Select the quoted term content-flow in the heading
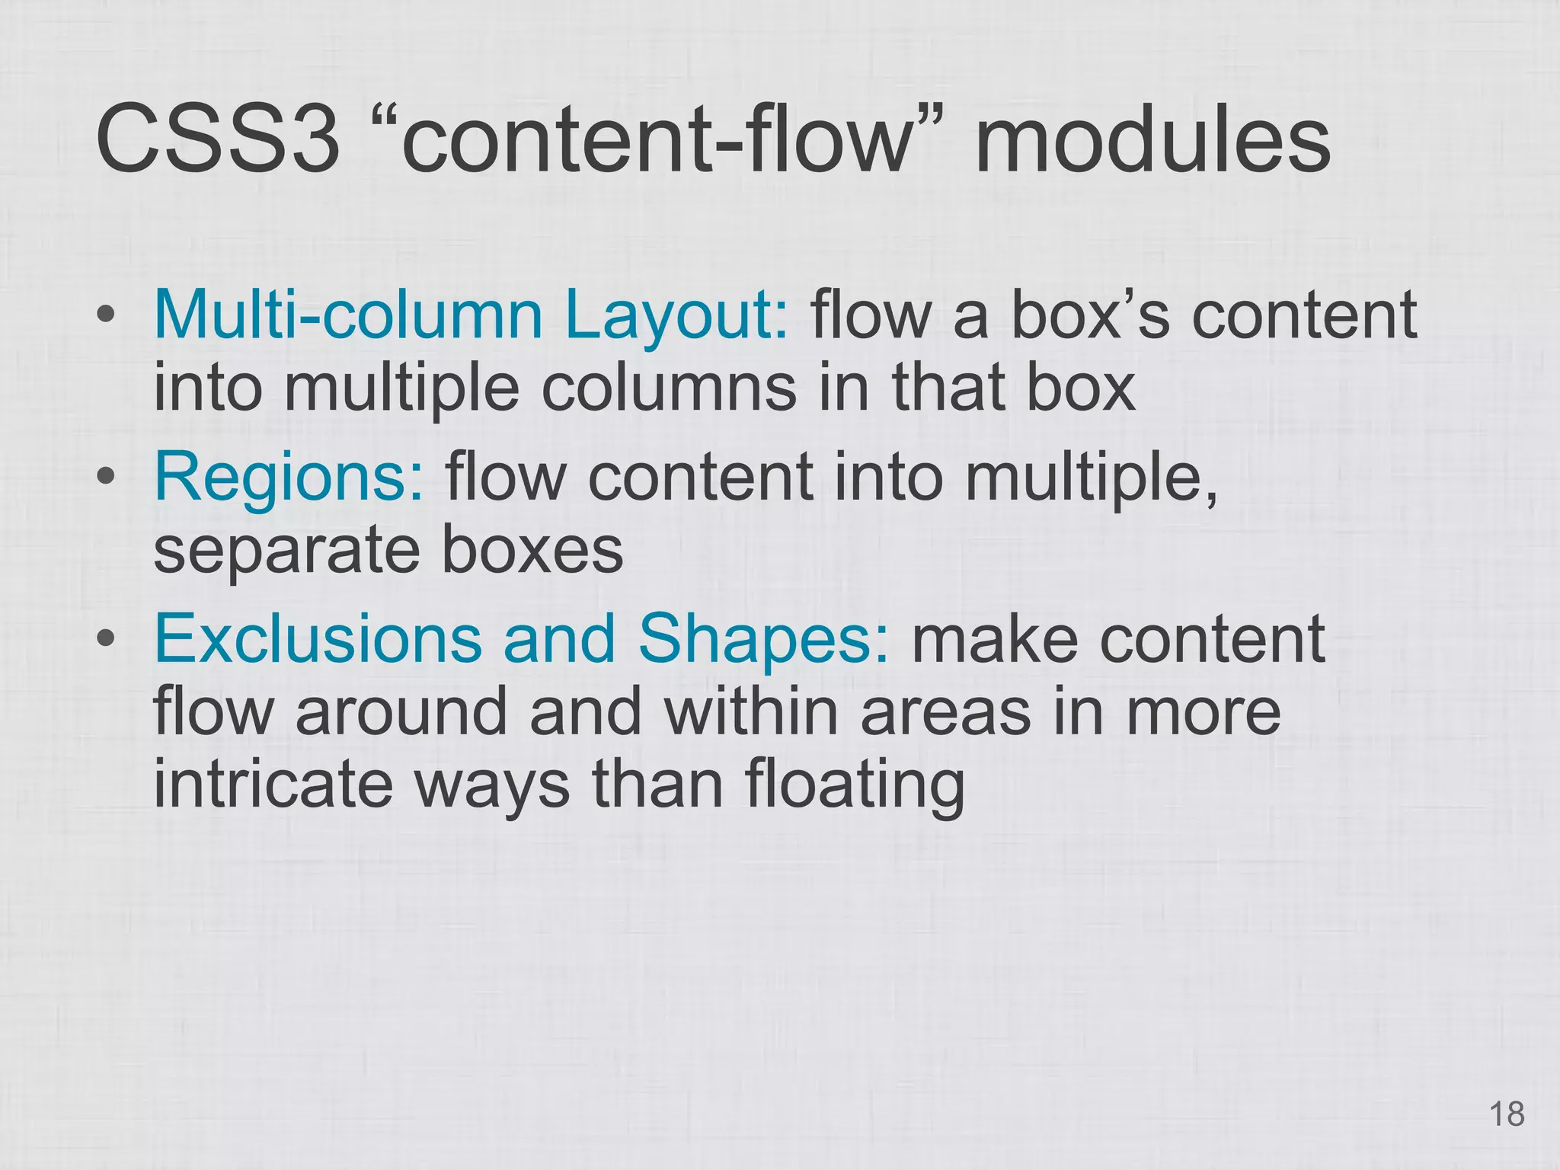pyautogui.click(x=657, y=139)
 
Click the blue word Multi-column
pyautogui.click(x=347, y=315)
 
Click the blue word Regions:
pyautogui.click(x=289, y=478)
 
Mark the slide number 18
pyautogui.click(x=1506, y=1114)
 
